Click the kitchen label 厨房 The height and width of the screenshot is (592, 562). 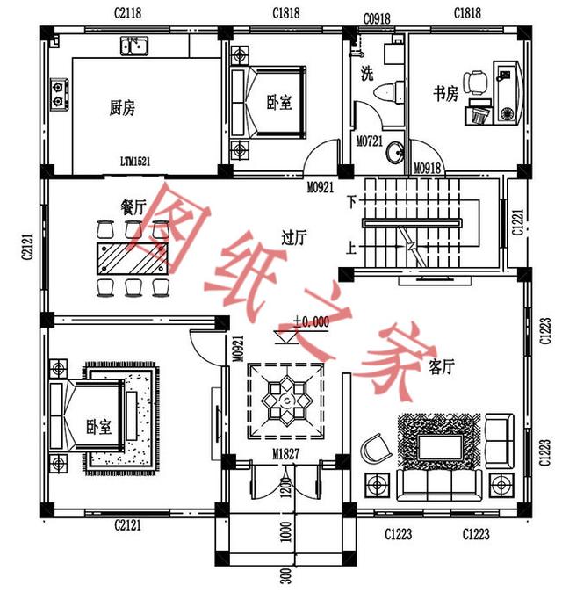click(x=122, y=108)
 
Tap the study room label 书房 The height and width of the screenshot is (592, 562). click(x=445, y=94)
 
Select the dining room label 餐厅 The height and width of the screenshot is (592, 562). click(x=133, y=206)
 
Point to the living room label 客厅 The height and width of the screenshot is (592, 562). click(x=441, y=365)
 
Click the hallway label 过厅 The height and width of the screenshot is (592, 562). click(x=293, y=237)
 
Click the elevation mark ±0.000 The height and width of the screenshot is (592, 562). click(x=311, y=322)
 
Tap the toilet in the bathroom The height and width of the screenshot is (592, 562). click(x=387, y=90)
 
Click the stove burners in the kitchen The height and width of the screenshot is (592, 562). click(x=60, y=95)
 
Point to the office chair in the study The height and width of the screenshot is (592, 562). click(x=474, y=82)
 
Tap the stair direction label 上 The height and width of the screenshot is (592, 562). click(x=351, y=249)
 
